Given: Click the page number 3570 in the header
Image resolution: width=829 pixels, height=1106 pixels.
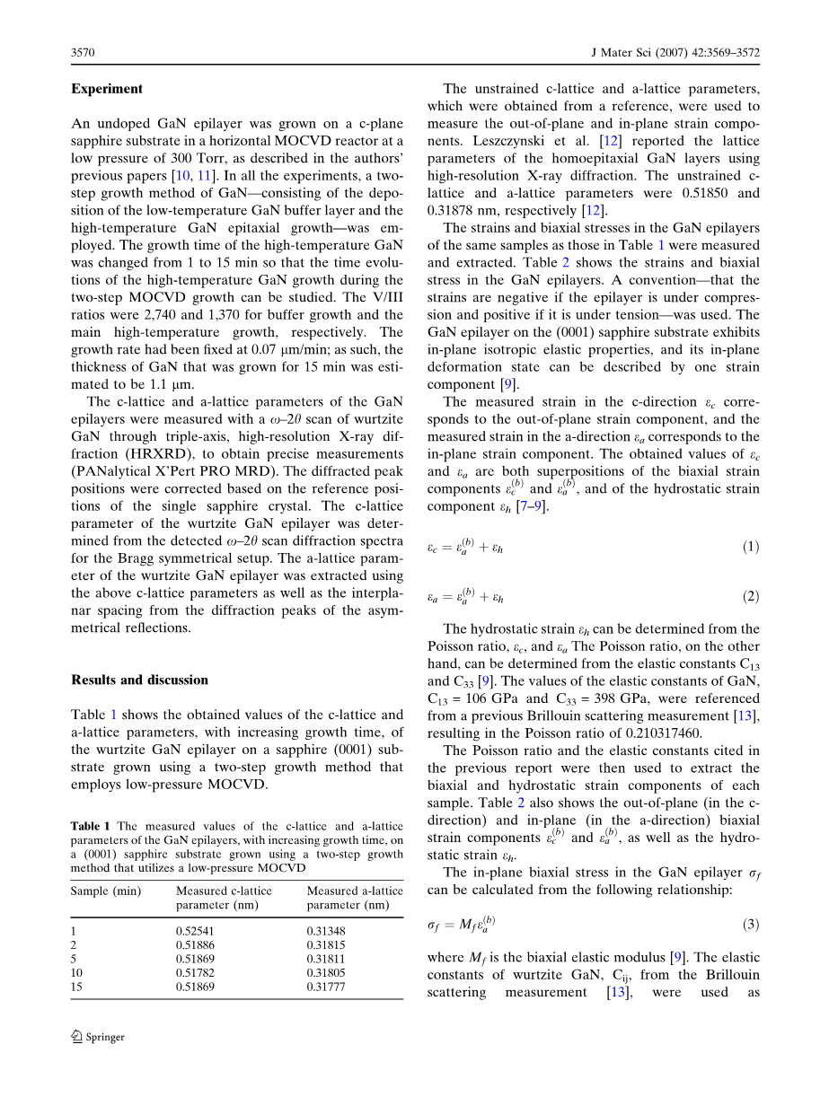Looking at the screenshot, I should coord(84,54).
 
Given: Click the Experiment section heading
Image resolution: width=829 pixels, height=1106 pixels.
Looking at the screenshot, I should coord(107,89).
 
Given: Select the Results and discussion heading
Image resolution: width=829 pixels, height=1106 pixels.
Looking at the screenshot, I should coord(139,680).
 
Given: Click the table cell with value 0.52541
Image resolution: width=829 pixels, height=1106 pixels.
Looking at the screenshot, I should coord(195,931).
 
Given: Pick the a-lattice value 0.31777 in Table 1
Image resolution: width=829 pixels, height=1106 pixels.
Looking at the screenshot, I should coord(326,987).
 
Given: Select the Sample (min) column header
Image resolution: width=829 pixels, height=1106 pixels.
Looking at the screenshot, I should coord(106,891).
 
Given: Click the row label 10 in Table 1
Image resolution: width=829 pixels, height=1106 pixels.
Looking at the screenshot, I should coord(77,973).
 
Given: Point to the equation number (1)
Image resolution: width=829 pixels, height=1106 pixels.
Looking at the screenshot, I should coord(750,547).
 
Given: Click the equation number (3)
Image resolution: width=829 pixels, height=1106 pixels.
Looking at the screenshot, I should coord(750,925).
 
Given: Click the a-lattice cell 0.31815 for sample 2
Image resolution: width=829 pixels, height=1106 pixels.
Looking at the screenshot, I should coord(326,945).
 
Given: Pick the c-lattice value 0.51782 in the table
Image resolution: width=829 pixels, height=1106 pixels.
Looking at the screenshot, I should coord(195,973).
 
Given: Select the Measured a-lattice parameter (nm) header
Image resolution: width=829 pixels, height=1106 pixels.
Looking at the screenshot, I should coord(355,898).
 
